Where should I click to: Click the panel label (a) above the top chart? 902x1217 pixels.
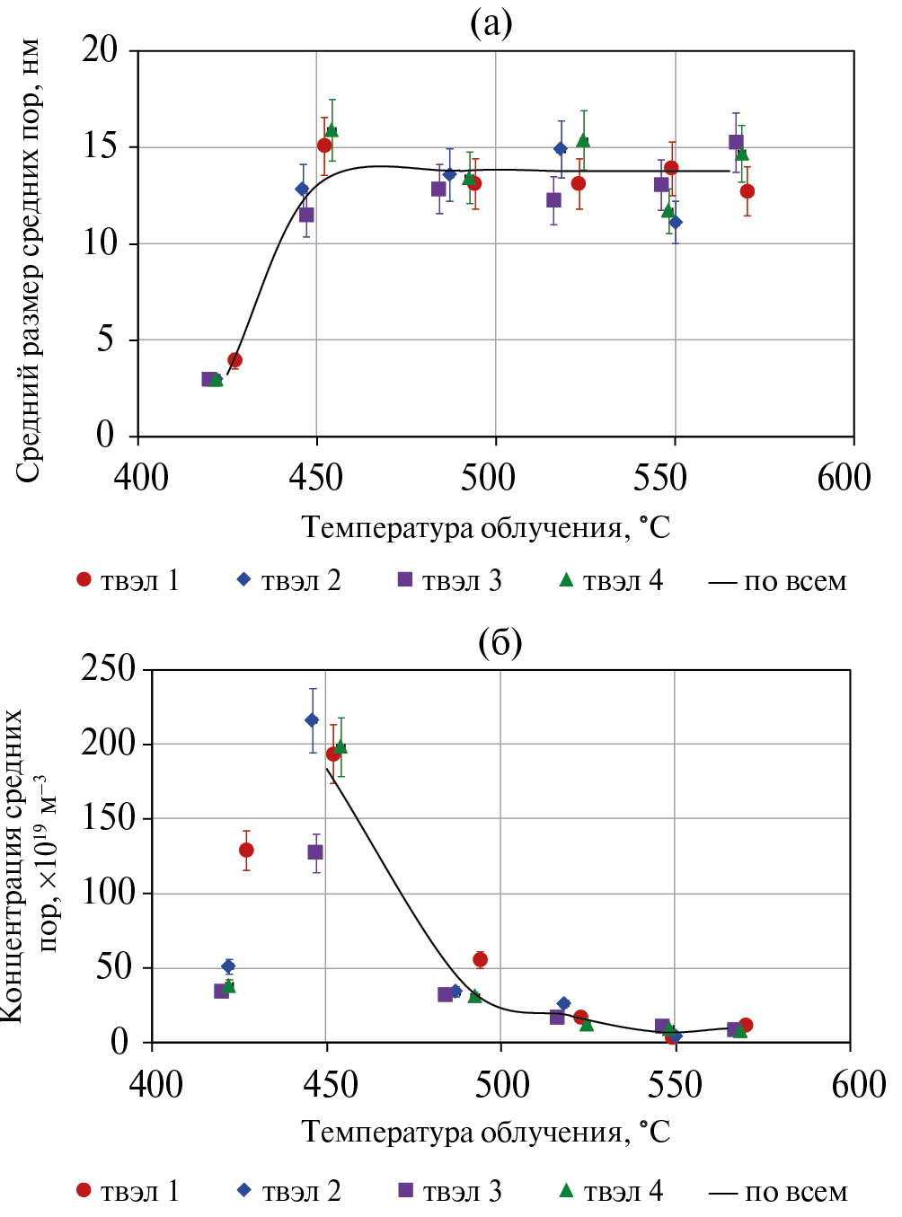tap(491, 22)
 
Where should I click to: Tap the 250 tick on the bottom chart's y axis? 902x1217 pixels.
tap(108, 668)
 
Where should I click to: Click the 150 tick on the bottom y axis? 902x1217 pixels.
tap(108, 818)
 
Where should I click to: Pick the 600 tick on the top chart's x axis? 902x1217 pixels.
tap(844, 477)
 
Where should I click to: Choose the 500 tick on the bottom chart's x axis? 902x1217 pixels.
tap(502, 1084)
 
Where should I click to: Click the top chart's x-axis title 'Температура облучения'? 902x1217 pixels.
tap(485, 527)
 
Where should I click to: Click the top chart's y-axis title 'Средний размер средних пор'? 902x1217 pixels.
tap(29, 260)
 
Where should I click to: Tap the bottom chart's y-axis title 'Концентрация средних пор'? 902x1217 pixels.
tap(27, 864)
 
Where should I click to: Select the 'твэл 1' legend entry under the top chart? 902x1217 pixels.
tap(128, 581)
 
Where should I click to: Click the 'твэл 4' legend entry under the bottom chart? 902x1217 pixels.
tap(611, 1191)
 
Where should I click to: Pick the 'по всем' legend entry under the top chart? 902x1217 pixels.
tap(778, 582)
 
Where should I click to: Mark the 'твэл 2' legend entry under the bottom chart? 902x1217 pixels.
tap(289, 1191)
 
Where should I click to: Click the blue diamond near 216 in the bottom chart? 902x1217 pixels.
tap(313, 720)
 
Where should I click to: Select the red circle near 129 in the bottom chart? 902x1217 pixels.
tap(246, 850)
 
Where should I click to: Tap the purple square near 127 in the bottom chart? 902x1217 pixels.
tap(315, 851)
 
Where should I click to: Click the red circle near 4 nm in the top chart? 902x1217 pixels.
tap(235, 360)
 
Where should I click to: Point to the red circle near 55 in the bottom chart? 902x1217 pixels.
tap(481, 960)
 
